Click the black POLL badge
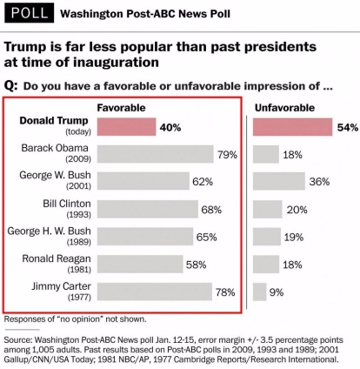pos(30,12)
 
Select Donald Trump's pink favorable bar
pos(126,127)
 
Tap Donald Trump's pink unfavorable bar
pos(292,127)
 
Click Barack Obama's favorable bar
pos(156,154)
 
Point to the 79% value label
pos(228,155)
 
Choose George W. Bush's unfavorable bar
pos(279,181)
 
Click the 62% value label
pos(203,182)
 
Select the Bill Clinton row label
pos(67,209)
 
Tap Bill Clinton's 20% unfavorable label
pos(297,210)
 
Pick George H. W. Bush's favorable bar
pos(145,237)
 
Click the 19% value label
pos(294,238)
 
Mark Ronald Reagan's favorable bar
pos(140,264)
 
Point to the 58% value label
pos(197,265)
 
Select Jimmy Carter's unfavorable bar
pos(259,292)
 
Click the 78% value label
pos(225,292)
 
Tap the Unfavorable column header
pos(284,108)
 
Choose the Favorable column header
pos(121,108)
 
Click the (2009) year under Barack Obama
pos(78,159)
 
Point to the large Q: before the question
pos(11,86)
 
